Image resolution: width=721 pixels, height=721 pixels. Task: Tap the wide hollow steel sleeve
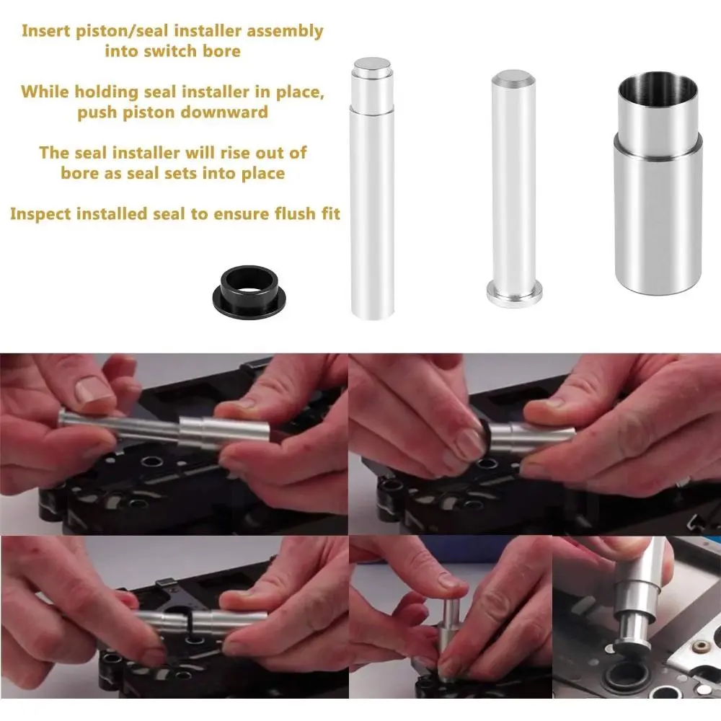(658, 184)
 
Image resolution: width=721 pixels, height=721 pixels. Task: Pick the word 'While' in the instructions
(45, 92)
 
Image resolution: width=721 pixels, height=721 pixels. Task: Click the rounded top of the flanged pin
(513, 77)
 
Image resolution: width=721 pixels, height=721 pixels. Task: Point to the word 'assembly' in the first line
(285, 31)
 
